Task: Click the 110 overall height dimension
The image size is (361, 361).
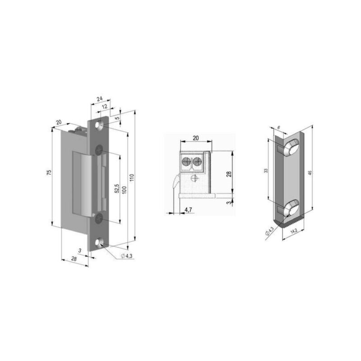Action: click(132, 177)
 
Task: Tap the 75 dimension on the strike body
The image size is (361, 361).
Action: click(49, 173)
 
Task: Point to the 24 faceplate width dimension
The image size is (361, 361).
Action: click(100, 99)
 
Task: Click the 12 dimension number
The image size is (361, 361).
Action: click(105, 107)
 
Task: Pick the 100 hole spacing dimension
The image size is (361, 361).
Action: click(125, 190)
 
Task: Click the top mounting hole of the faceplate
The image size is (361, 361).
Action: click(99, 125)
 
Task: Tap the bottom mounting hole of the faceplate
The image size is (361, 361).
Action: click(98, 243)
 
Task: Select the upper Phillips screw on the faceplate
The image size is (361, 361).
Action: click(99, 150)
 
